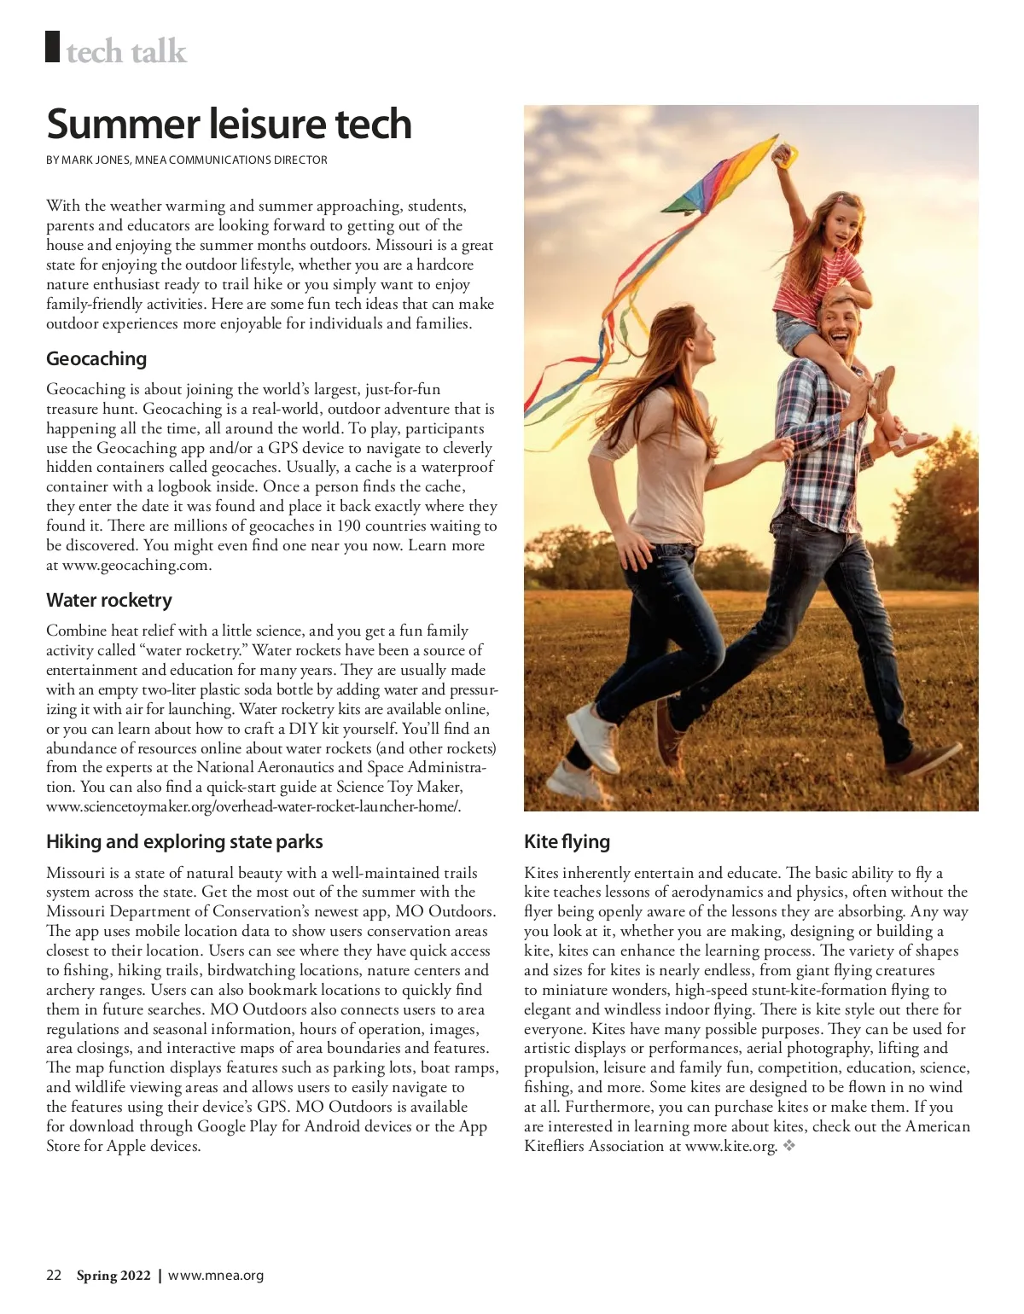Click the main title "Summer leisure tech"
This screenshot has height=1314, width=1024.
point(229,124)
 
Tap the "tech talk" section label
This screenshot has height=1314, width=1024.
point(125,52)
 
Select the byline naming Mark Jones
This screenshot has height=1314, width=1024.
point(186,160)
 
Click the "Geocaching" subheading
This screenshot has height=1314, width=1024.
point(96,358)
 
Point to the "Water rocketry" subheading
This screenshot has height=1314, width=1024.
point(109,600)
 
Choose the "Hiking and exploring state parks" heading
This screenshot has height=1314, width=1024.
point(184,841)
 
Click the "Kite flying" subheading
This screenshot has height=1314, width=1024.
point(567,841)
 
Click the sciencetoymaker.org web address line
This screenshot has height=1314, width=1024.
point(253,806)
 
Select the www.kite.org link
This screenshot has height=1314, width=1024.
point(730,1146)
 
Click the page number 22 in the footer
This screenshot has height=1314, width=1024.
point(54,1276)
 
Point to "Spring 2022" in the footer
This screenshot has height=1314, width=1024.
point(113,1276)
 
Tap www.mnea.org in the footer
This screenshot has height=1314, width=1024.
point(216,1276)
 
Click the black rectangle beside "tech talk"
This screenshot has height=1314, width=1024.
point(53,47)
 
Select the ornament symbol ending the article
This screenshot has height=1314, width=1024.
point(789,1146)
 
